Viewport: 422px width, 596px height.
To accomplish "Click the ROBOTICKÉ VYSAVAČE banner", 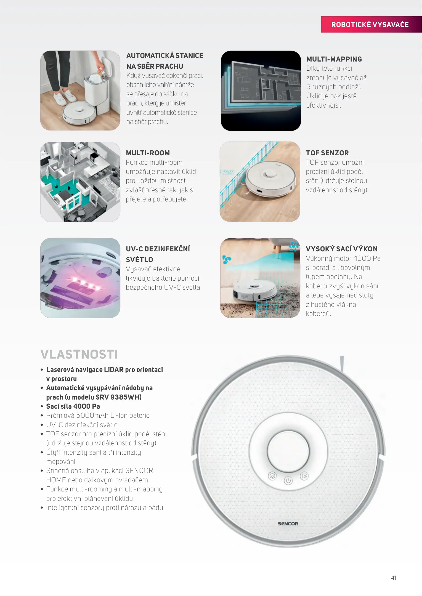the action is pyautogui.click(x=371, y=24).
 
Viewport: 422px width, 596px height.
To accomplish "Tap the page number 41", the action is pyautogui.click(x=394, y=578).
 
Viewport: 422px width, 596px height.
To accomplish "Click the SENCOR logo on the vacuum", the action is pyautogui.click(x=288, y=523).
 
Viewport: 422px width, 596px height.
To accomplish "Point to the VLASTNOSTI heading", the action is pyautogui.click(x=79, y=354).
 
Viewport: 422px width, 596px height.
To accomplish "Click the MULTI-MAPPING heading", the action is pyautogui.click(x=334, y=59).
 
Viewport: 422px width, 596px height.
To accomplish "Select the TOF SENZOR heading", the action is pyautogui.click(x=327, y=153).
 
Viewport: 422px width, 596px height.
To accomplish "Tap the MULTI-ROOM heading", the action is pyautogui.click(x=148, y=153).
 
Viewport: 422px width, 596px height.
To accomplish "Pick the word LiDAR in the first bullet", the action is pyautogui.click(x=114, y=369).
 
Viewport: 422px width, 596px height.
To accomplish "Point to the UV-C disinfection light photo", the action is pyautogui.click(x=80, y=278).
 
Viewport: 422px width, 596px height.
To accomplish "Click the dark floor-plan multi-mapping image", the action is pyautogui.click(x=261, y=91).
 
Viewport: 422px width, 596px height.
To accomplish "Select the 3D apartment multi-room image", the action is pyautogui.click(x=80, y=182).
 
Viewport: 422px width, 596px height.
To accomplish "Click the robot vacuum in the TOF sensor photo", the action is pyautogui.click(x=269, y=180).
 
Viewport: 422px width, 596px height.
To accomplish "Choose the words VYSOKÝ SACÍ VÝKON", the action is pyautogui.click(x=342, y=249).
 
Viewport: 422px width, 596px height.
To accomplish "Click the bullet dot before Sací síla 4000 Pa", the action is pyautogui.click(x=42, y=406).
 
